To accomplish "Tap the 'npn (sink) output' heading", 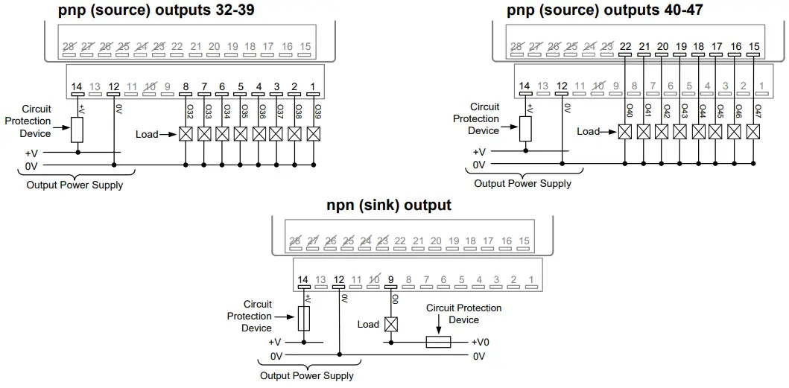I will (x=388, y=205).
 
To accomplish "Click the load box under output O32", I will (x=186, y=134).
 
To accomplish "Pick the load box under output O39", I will (x=314, y=134).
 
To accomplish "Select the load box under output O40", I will (x=625, y=131).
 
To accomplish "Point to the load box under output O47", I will (x=754, y=131).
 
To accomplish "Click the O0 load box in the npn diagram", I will (x=390, y=324).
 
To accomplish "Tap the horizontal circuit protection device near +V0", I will (x=438, y=343).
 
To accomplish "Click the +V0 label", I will (x=481, y=343).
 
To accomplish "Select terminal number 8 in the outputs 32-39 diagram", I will (x=186, y=86).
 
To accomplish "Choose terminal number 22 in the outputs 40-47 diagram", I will (x=625, y=46).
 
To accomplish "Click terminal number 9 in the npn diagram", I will (x=390, y=280).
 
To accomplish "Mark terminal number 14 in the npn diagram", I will (x=302, y=280).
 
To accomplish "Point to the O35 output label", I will (x=241, y=112).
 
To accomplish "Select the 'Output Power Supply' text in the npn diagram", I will (x=306, y=375).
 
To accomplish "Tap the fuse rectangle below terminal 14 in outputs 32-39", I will (x=76, y=129).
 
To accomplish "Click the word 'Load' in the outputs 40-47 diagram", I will (x=588, y=132).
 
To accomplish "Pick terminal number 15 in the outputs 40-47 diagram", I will (x=754, y=46).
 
